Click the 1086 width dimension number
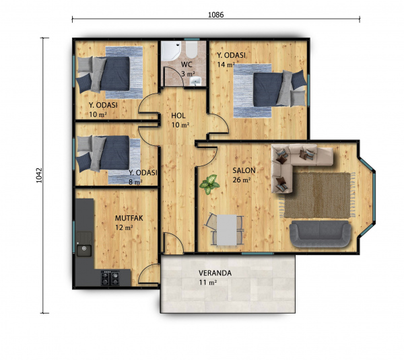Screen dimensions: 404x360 (x=216, y=15)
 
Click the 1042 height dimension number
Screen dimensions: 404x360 (x=39, y=176)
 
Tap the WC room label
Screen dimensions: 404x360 (x=187, y=64)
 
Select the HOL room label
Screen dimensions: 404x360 (x=178, y=116)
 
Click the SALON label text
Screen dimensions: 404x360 (x=244, y=170)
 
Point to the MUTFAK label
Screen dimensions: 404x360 (x=129, y=218)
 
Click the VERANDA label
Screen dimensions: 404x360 (x=215, y=273)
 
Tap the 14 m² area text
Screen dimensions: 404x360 (x=226, y=65)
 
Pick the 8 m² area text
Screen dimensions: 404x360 (x=135, y=182)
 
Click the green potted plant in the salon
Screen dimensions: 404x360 (x=209, y=184)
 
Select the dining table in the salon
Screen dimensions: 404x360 (x=227, y=230)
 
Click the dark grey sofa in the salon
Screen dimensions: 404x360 (x=320, y=234)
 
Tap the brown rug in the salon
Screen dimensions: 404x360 (x=317, y=195)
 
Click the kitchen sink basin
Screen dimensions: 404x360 (x=84, y=250)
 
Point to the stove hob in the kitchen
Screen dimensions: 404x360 (x=110, y=278)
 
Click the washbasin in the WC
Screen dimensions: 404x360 (x=197, y=81)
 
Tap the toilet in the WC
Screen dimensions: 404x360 (x=192, y=50)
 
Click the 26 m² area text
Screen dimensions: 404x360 (x=242, y=180)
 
